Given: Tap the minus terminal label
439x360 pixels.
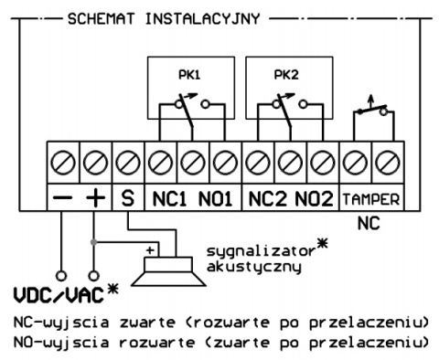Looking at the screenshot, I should click(x=63, y=196).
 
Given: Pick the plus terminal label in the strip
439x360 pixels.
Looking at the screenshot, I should click(x=95, y=196).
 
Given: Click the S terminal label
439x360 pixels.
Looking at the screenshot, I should click(x=127, y=196).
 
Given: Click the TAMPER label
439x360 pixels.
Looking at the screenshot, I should click(x=369, y=196).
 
